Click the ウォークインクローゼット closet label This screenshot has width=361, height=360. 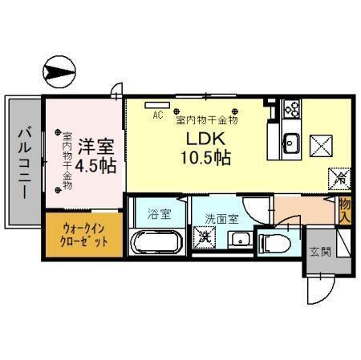pos(84,234)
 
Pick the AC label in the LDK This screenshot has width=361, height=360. pos(157,115)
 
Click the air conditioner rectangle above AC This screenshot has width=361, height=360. pos(158,103)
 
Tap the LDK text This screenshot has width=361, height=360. pos(206,138)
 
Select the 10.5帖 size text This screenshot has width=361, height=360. pos(206,157)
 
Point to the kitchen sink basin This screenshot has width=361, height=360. pos(290,145)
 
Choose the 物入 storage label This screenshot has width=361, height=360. pos(345,210)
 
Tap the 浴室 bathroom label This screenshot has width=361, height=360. pos(159,214)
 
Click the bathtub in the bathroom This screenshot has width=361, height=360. pos(158,241)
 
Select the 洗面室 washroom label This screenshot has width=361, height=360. pos(221,217)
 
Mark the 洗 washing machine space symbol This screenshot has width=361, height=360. pos(206,237)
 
